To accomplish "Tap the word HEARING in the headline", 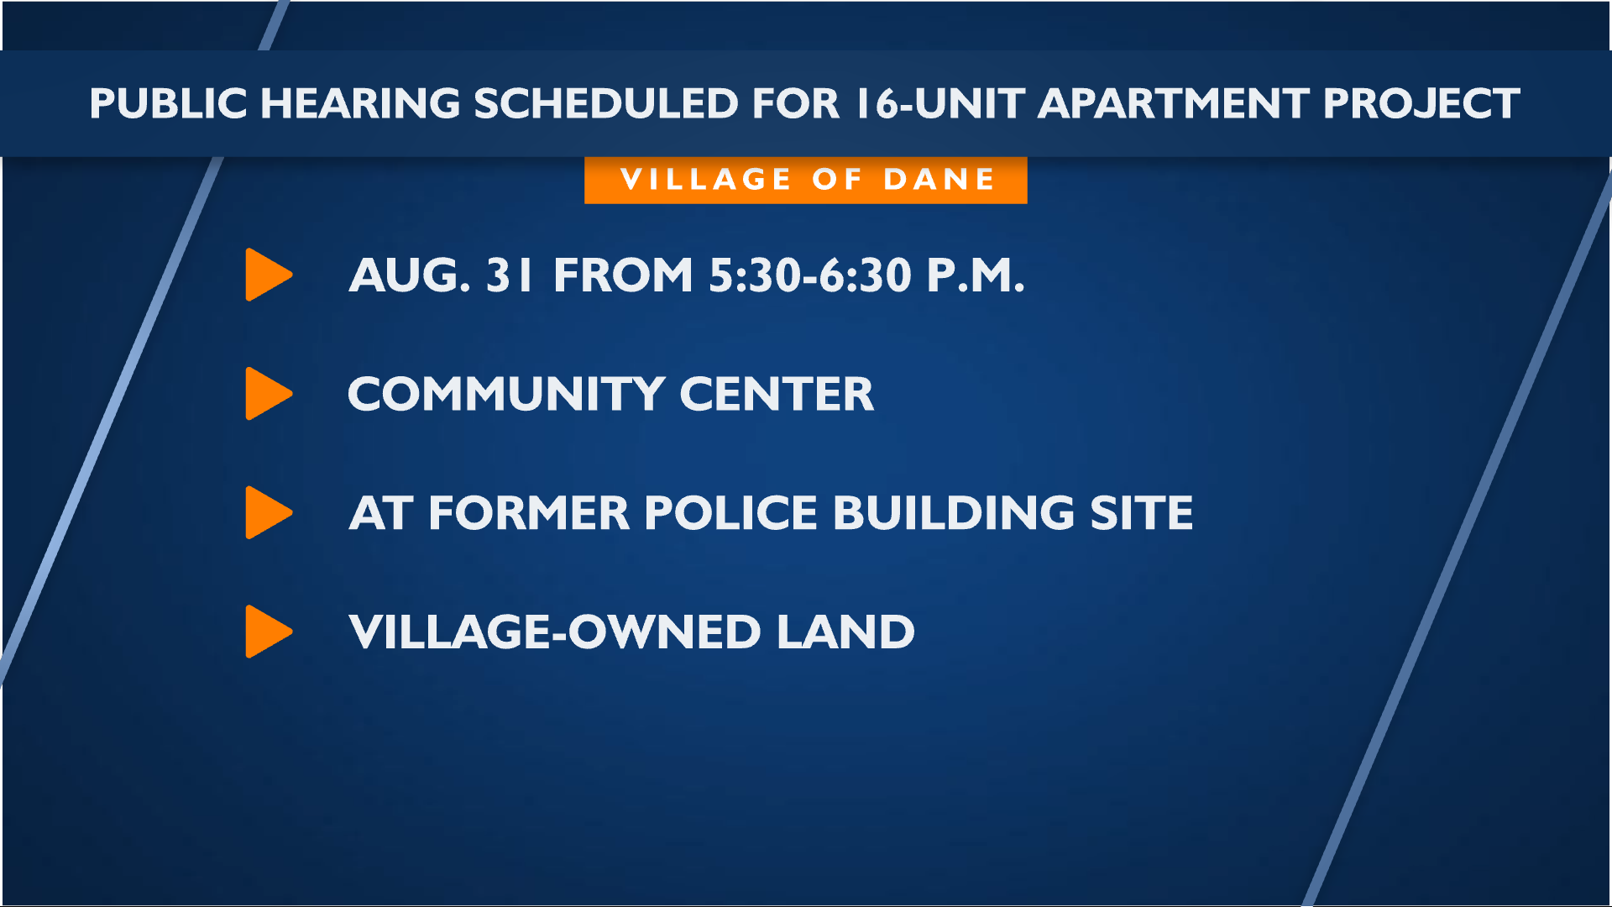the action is (x=360, y=104).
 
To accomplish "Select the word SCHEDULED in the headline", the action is (x=606, y=104).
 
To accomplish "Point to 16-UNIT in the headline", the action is (x=940, y=104).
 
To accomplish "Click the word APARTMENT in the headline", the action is (x=1173, y=104).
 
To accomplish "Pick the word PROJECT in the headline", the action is (x=1421, y=104).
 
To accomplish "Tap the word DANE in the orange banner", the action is (x=939, y=180).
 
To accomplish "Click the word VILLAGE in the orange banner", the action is (x=705, y=180).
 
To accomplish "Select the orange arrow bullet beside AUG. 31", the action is (x=269, y=275).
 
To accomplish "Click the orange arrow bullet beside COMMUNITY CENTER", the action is (x=269, y=394).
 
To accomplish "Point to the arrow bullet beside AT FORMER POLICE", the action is (x=269, y=512).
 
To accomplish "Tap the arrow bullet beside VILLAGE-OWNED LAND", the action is (x=269, y=632).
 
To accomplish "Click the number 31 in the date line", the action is (x=509, y=275).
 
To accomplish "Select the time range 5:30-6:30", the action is (x=810, y=275).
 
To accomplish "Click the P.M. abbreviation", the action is (x=976, y=275).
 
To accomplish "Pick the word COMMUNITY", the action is (x=507, y=395).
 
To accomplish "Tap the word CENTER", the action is (x=777, y=395).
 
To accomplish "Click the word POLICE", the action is (x=730, y=513).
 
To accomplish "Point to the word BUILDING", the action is (x=954, y=513).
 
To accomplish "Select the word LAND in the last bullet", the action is (x=845, y=632).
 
